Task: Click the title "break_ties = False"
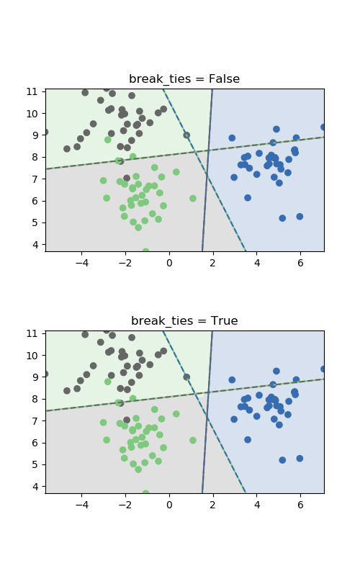click(x=184, y=79)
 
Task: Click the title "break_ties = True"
click(x=184, y=321)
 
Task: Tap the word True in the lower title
click(x=225, y=320)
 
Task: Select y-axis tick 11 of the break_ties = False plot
click(x=32, y=91)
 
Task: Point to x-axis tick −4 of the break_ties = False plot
click(x=82, y=263)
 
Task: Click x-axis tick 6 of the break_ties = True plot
click(x=300, y=505)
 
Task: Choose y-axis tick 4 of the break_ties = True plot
click(x=35, y=487)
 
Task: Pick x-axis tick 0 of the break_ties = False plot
click(x=169, y=263)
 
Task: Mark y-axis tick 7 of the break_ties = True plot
click(x=35, y=421)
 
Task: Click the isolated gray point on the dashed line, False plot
click(x=186, y=135)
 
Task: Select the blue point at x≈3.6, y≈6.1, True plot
click(x=248, y=440)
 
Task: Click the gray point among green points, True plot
click(x=127, y=420)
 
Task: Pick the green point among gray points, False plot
click(x=107, y=140)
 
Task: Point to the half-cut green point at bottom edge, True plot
click(x=146, y=492)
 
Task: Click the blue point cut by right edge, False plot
click(x=323, y=127)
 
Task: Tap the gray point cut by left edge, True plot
click(x=46, y=374)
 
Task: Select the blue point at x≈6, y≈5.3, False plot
click(x=300, y=217)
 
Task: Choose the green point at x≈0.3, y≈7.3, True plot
click(x=176, y=414)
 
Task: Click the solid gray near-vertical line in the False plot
click(x=207, y=170)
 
